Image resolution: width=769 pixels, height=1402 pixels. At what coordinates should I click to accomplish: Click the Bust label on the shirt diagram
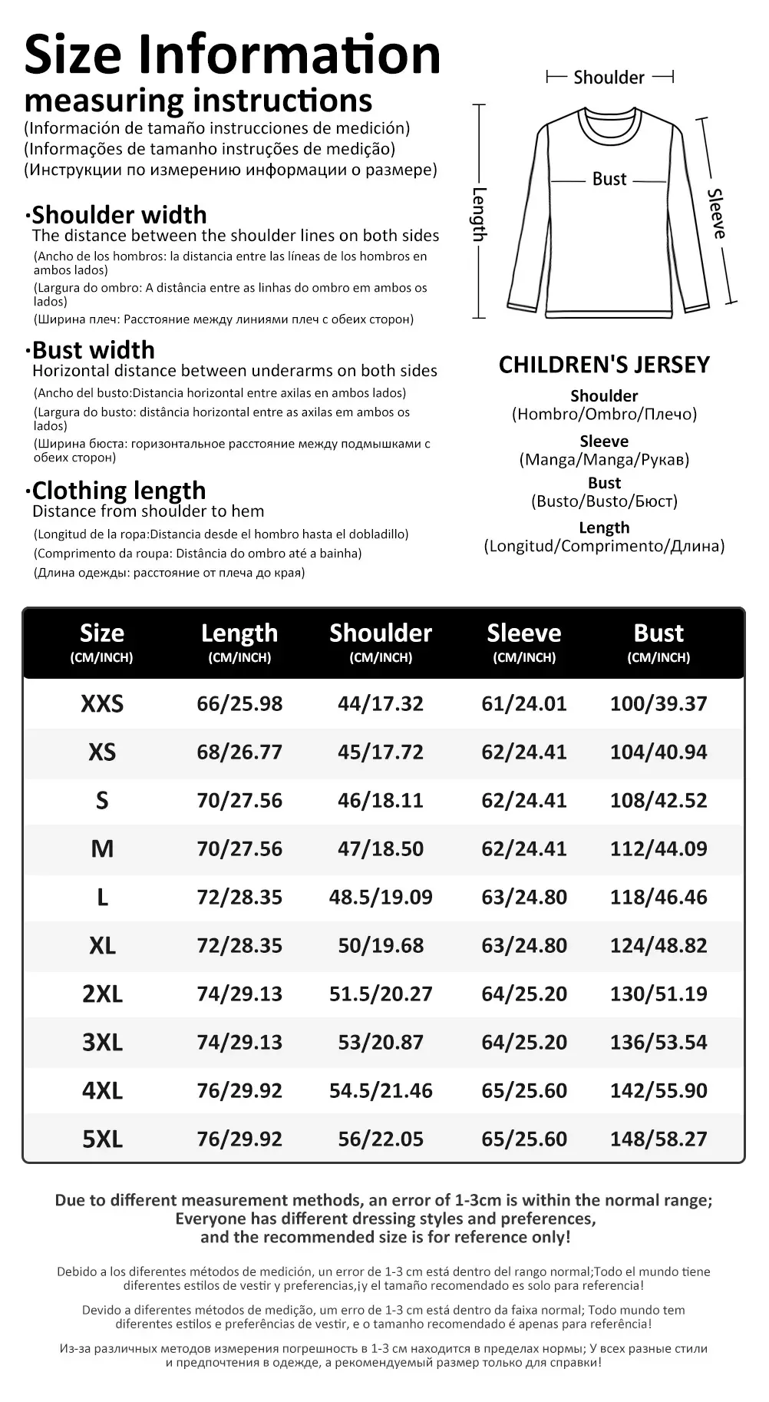[609, 179]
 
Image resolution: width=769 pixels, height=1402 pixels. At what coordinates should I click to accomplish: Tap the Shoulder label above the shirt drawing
[609, 78]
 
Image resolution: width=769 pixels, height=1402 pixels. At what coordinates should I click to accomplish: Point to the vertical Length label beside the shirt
[479, 213]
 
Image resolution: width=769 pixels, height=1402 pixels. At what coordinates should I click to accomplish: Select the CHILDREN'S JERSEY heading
[604, 365]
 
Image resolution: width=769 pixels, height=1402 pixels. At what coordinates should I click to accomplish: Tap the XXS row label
[102, 704]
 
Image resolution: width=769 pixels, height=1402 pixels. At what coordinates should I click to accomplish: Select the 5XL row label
[102, 1139]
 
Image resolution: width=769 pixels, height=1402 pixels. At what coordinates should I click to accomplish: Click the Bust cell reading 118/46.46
[658, 897]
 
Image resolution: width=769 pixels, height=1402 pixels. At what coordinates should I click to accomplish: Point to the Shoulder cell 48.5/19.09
[381, 897]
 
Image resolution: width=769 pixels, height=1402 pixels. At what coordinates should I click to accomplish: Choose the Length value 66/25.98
[239, 703]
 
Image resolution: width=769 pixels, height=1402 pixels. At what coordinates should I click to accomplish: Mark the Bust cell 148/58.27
[658, 1139]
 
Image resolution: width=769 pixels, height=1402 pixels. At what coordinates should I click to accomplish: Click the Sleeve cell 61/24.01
[524, 703]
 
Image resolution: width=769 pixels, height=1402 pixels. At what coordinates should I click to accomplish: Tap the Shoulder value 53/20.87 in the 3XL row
[381, 1042]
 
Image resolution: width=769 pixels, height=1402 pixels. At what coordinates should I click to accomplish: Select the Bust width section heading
[93, 350]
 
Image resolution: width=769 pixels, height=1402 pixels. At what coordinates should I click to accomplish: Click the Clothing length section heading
[118, 491]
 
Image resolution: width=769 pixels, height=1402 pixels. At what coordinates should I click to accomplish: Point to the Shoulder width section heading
[119, 215]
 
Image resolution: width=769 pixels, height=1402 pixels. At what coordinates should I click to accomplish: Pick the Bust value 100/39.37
[658, 703]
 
